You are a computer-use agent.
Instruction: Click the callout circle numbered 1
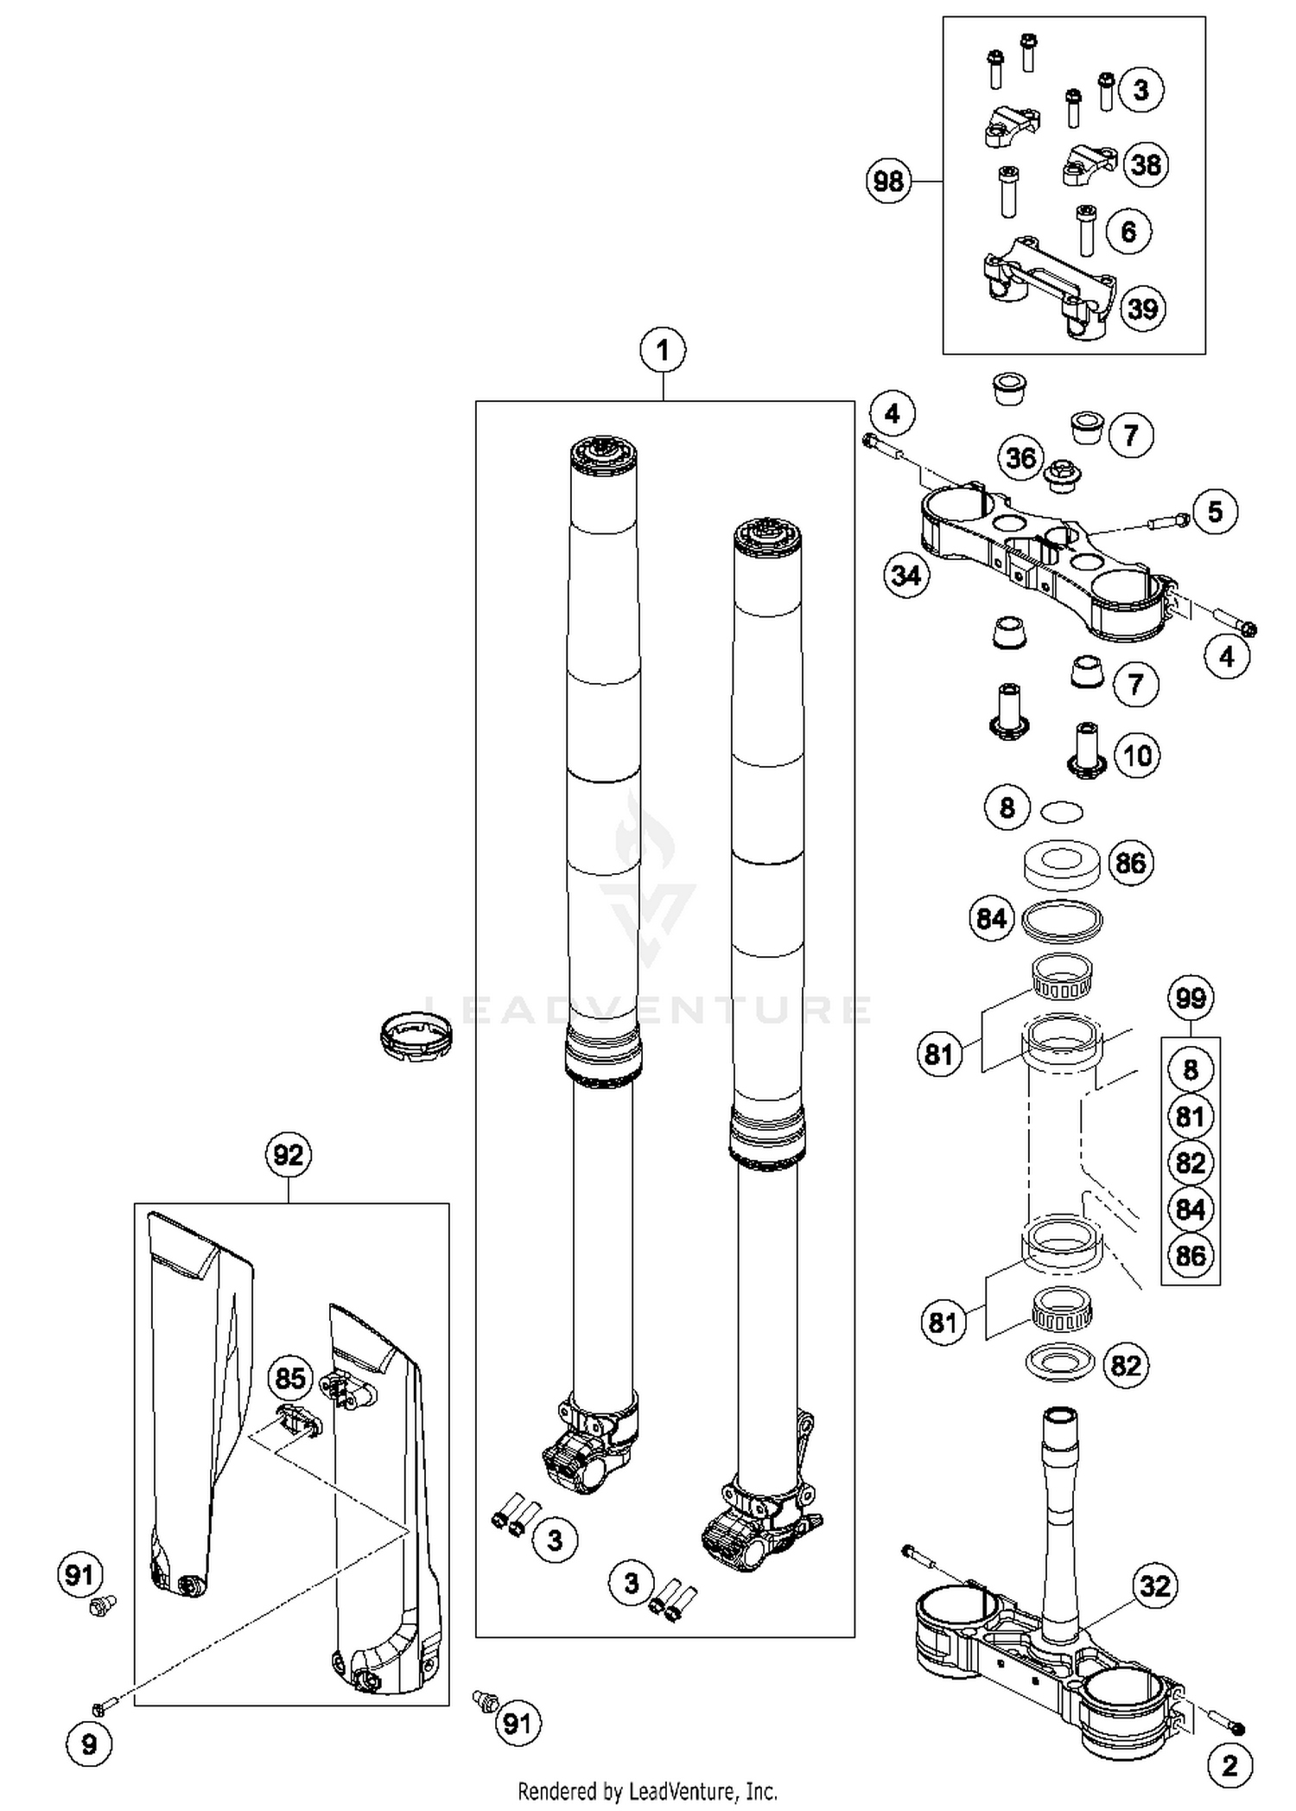point(663,351)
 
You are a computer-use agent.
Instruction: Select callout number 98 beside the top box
point(889,182)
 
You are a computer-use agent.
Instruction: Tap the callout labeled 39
point(1143,309)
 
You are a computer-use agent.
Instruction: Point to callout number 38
point(1146,164)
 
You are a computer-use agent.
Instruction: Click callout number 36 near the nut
point(1020,457)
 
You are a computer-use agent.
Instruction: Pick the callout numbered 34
point(906,575)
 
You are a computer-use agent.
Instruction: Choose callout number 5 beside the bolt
point(1215,512)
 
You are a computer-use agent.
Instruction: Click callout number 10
point(1137,756)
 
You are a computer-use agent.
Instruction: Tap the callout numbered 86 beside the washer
point(1130,863)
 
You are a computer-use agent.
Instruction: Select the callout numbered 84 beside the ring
point(991,918)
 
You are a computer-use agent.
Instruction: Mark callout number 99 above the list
point(1190,998)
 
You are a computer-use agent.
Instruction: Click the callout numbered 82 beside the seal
point(1125,1366)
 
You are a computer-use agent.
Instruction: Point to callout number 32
point(1154,1585)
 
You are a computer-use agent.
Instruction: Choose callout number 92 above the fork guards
point(288,1155)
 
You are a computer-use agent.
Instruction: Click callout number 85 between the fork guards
point(289,1378)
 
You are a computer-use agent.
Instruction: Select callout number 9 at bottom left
point(89,1745)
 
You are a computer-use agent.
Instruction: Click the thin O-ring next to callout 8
point(1061,811)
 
